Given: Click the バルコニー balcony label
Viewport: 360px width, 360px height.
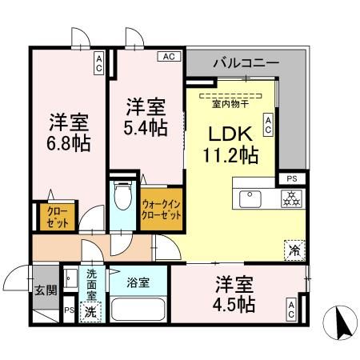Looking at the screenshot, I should [x=246, y=62].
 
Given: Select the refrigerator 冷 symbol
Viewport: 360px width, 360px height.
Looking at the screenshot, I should [x=293, y=249].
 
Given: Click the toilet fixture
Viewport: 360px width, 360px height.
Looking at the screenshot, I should [x=122, y=197].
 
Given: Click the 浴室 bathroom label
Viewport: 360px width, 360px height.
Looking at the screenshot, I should [x=138, y=281].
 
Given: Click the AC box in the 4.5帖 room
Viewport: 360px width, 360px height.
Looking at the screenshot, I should [x=291, y=310].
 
